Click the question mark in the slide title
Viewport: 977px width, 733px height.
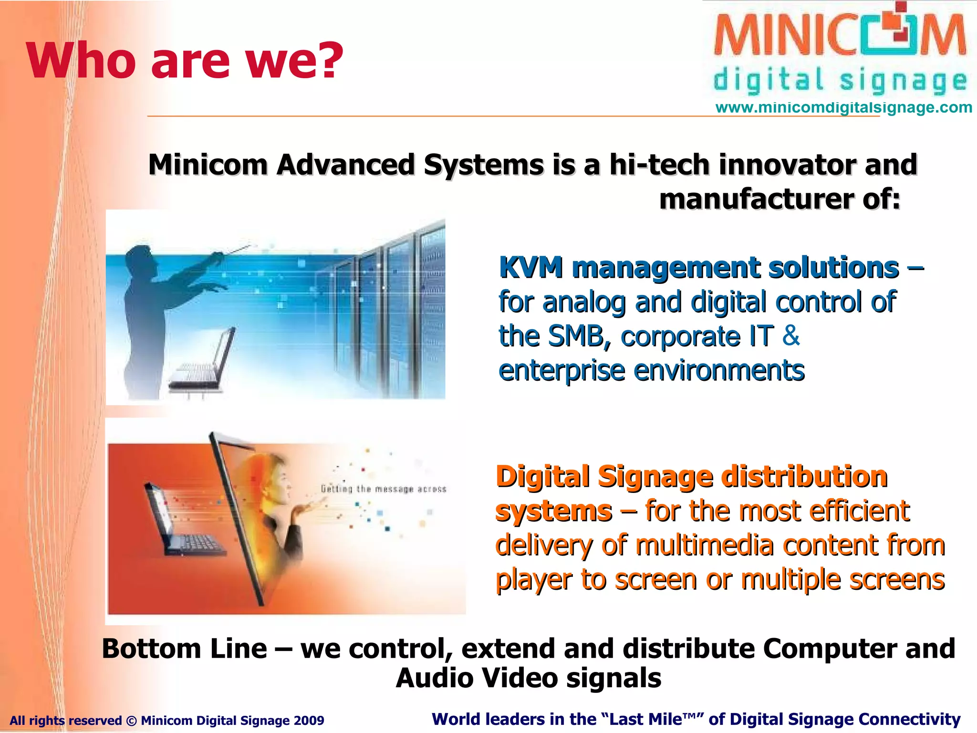[327, 61]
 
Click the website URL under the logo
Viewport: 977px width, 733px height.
[843, 107]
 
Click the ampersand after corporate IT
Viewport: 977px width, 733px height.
[791, 335]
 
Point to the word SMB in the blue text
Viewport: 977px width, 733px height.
[579, 336]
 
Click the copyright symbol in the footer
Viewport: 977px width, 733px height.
[131, 721]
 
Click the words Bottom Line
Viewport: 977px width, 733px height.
[184, 649]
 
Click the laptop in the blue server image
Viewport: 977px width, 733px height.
[205, 363]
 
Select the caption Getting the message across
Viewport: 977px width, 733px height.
[384, 489]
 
